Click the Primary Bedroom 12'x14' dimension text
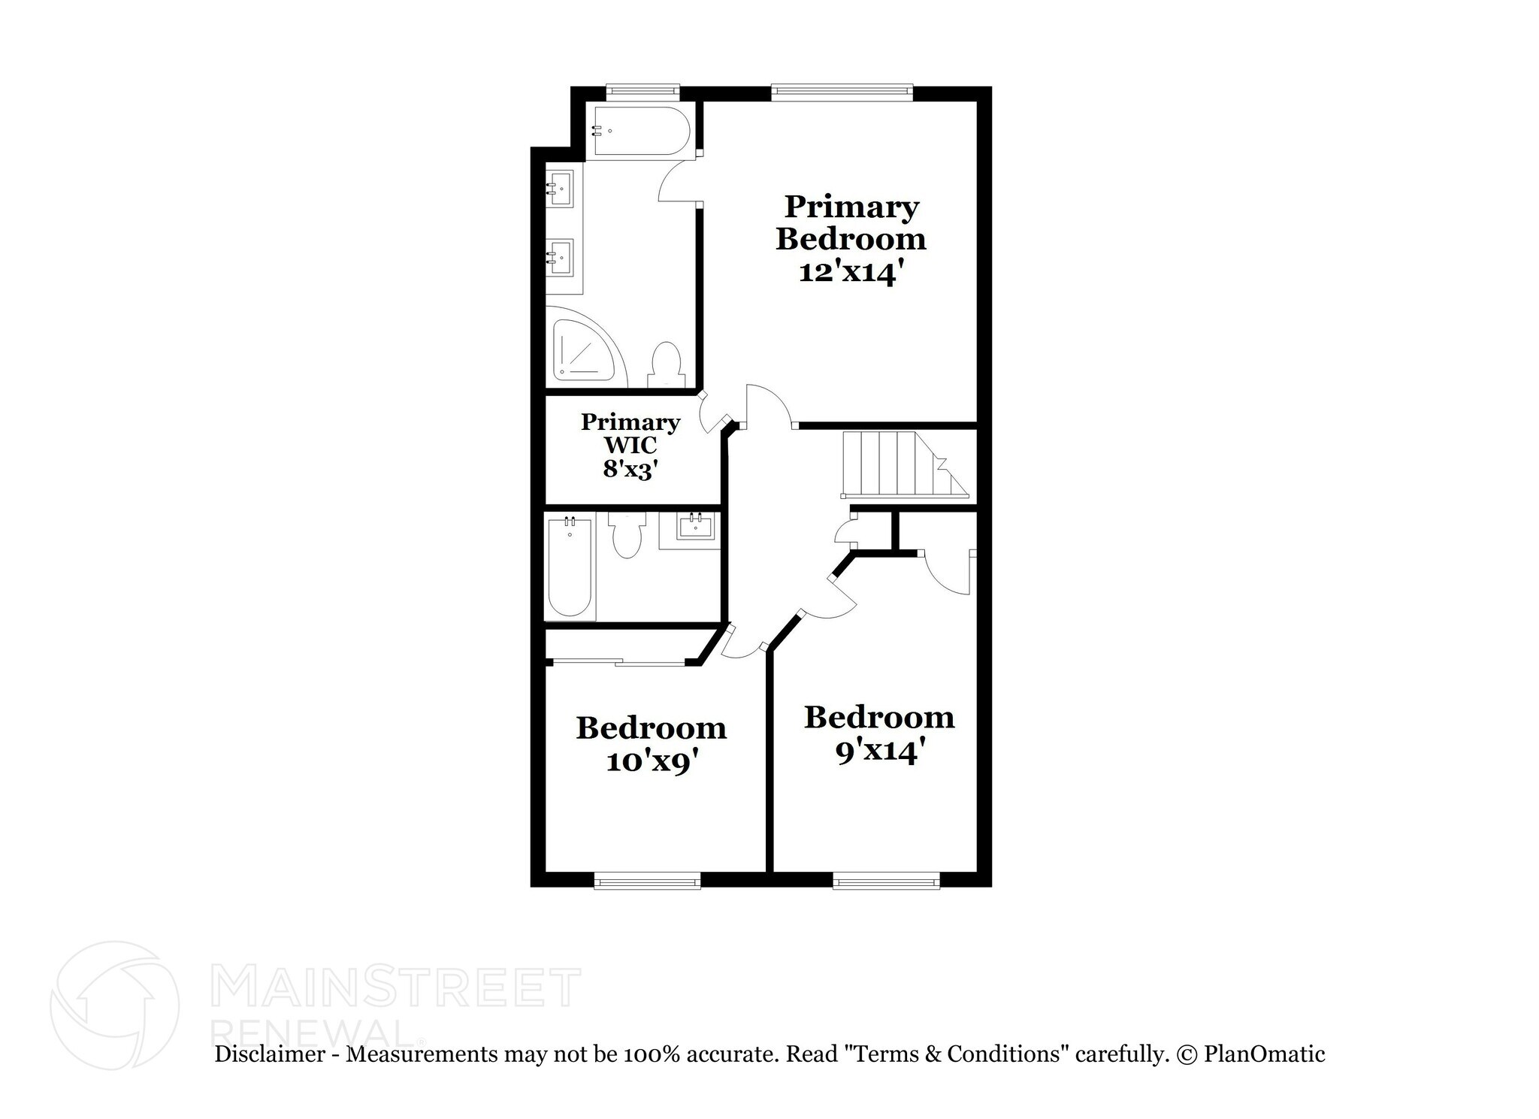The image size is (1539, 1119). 849,272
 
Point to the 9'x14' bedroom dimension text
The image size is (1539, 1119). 878,752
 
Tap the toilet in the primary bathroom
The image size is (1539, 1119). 665,366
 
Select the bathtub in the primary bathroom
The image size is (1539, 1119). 640,131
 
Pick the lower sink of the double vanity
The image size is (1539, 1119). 560,257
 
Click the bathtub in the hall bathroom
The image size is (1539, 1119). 570,565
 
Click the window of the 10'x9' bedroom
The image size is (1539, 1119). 647,880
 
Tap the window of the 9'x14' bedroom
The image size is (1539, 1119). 886,880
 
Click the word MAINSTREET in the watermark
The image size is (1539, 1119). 397,988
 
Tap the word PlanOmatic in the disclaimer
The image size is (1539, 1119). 1264,1054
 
